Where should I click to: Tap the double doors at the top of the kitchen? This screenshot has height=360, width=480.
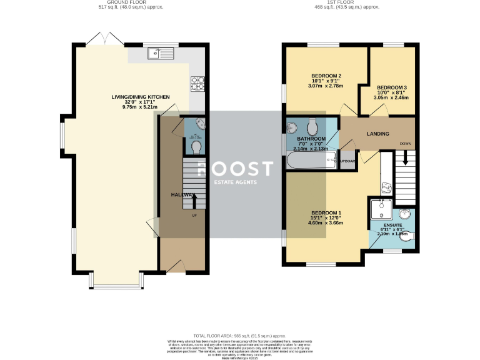pyautogui.click(x=104, y=39)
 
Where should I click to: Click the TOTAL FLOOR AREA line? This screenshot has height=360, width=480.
pyautogui.click(x=239, y=336)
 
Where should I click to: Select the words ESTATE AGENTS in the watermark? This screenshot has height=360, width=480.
pyautogui.click(x=235, y=182)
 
